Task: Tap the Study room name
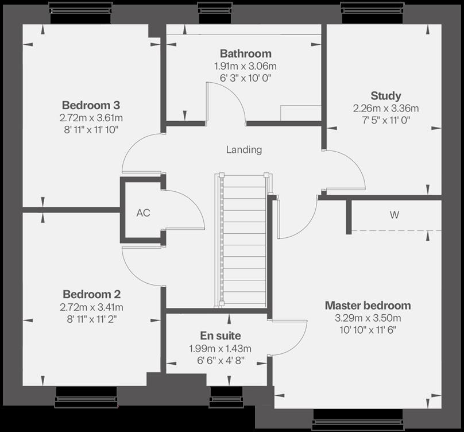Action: point(385,96)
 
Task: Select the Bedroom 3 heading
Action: point(91,106)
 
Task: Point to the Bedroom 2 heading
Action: point(91,294)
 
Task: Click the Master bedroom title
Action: point(368,305)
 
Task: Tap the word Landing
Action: point(243,150)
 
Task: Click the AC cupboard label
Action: point(143,213)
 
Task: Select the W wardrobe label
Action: point(395,215)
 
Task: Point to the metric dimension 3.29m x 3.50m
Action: point(368,318)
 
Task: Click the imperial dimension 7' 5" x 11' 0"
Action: point(385,120)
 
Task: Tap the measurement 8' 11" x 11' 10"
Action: point(91,130)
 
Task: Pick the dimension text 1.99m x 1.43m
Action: point(221,349)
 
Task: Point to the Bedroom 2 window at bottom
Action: point(86,396)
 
